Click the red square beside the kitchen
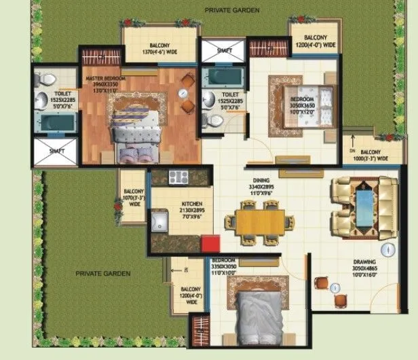pyautogui.click(x=210, y=244)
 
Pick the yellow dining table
pyautogui.click(x=261, y=221)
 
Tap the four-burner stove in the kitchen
pyautogui.click(x=178, y=178)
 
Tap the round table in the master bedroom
pyautogui.click(x=183, y=93)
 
